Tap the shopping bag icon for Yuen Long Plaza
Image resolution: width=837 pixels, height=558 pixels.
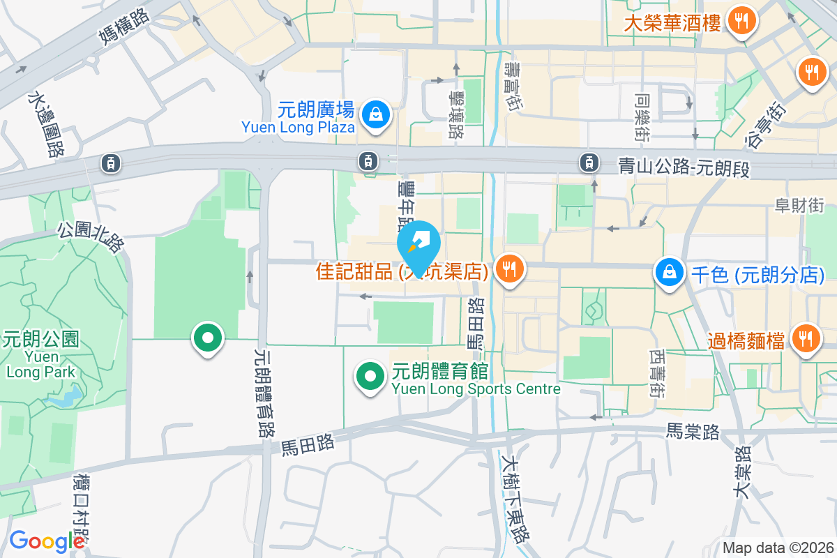coord(376,112)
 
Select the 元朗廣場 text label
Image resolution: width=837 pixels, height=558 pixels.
coord(316,110)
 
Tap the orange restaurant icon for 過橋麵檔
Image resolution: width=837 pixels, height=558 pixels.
coord(806,339)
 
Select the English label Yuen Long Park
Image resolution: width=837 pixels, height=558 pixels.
coord(40,364)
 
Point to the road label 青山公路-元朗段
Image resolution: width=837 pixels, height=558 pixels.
coord(684,167)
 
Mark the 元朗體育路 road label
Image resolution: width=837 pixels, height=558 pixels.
coord(264,393)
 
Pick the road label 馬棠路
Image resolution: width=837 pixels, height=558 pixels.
coord(693,432)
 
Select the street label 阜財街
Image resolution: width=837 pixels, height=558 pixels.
coord(799,205)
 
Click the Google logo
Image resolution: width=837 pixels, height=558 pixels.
coord(46,541)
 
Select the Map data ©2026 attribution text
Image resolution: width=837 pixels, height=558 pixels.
coord(778,548)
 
